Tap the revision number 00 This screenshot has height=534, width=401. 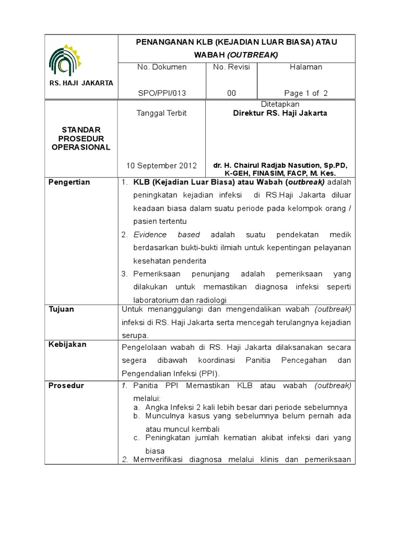231,93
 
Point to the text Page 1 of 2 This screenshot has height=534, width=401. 306,93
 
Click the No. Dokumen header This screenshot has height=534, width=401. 162,67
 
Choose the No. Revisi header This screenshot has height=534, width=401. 231,67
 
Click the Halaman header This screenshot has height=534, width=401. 306,67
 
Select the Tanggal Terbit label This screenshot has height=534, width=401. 161,113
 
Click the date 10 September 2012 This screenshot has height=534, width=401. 161,166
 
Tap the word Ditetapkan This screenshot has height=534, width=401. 280,104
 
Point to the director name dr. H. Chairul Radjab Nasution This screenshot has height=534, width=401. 280,165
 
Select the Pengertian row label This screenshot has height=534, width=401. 69,182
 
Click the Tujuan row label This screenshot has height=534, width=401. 61,309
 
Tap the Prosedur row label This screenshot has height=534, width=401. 66,385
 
